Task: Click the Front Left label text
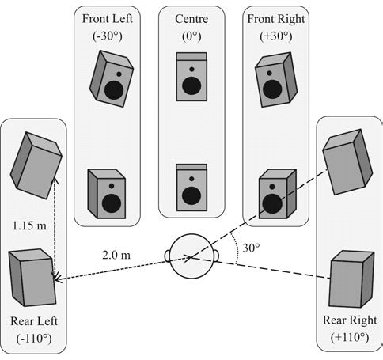[x=107, y=19]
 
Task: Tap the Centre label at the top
[x=191, y=19]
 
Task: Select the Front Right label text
[x=276, y=19]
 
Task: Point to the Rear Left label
[x=34, y=321]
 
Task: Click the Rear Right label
[x=350, y=320]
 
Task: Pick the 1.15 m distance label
[x=29, y=225]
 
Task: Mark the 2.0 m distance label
[x=116, y=255]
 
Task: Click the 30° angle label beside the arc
[x=251, y=248]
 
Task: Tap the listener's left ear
[x=167, y=256]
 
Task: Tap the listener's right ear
[x=216, y=256]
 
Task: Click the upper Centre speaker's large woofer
[x=191, y=86]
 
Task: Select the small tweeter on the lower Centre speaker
[x=191, y=179]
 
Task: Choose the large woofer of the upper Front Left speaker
[x=114, y=90]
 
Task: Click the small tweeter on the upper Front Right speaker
[x=269, y=73]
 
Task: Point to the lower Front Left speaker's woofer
[x=112, y=203]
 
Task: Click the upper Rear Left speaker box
[x=36, y=165]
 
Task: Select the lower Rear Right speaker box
[x=351, y=279]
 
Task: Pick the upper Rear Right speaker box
[x=347, y=162]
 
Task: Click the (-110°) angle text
[x=34, y=338]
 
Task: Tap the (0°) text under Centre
[x=191, y=36]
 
